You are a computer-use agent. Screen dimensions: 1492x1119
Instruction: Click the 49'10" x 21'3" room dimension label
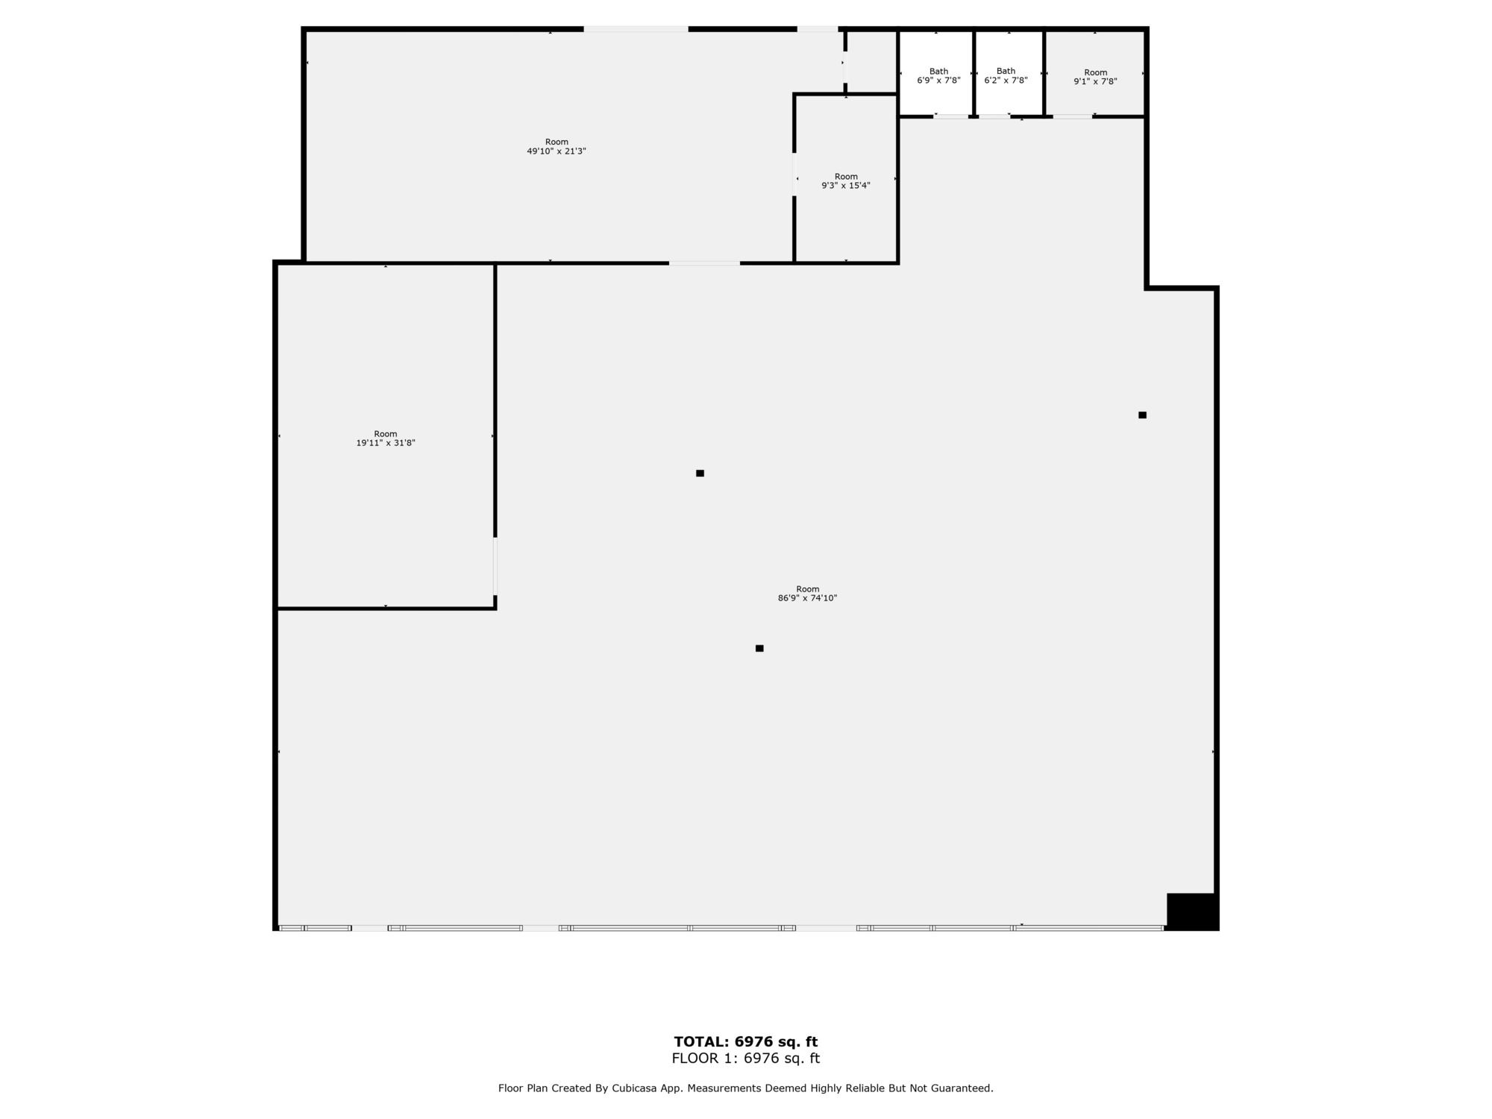(x=557, y=146)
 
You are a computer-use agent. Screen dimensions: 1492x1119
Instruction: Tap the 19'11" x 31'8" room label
(x=386, y=439)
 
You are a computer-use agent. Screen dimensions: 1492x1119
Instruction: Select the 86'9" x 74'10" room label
(x=807, y=594)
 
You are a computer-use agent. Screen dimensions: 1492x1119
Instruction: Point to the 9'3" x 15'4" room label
(x=846, y=181)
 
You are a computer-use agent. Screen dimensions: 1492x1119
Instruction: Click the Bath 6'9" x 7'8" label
(x=938, y=76)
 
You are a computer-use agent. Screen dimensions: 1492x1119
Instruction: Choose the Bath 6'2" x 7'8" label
(x=1006, y=76)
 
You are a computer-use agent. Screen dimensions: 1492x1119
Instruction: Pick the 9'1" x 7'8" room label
(x=1095, y=77)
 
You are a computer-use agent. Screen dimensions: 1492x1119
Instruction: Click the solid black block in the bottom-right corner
(x=1192, y=911)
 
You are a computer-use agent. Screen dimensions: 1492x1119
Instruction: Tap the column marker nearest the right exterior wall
(x=1142, y=415)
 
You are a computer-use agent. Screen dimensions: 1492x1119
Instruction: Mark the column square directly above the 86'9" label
(x=700, y=473)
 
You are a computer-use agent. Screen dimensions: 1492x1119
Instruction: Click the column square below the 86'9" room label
(x=759, y=648)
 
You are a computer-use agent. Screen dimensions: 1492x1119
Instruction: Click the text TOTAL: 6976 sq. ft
(x=746, y=1041)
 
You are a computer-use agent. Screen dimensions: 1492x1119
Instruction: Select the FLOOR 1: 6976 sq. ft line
(x=746, y=1058)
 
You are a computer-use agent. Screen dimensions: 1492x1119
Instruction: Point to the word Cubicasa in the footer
(x=634, y=1088)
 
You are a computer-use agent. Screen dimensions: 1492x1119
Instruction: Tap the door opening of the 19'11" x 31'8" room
(x=495, y=565)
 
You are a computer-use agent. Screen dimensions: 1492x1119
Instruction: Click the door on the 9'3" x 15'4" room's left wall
(x=794, y=175)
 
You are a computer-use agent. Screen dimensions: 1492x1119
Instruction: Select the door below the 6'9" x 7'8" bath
(x=951, y=116)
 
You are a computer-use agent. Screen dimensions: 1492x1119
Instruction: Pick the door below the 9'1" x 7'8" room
(x=1073, y=116)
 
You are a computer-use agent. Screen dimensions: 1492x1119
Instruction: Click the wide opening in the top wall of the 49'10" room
(x=636, y=29)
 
